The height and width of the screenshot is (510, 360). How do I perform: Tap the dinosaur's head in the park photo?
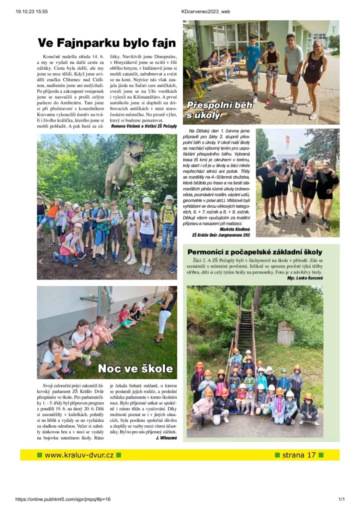[x=134, y=148]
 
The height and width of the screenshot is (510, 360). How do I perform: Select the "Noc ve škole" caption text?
[x=135, y=369]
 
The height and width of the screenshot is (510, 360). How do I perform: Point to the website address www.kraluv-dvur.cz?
[x=79, y=455]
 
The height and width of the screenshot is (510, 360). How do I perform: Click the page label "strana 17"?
[x=299, y=455]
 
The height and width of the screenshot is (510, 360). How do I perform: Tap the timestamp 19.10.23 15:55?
[x=31, y=11]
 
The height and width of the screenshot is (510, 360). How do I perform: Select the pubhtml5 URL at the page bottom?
[x=63, y=499]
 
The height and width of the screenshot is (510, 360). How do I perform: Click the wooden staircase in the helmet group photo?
[x=244, y=331]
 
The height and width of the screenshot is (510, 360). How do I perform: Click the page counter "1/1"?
[x=341, y=499]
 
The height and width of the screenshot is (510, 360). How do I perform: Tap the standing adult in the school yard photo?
[x=166, y=314]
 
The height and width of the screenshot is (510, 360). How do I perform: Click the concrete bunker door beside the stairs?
[x=286, y=333]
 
